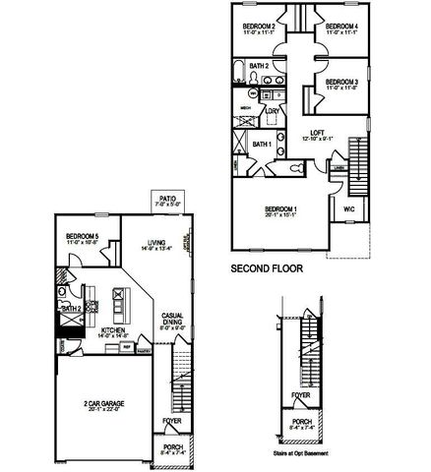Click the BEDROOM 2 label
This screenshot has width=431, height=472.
(x=259, y=26)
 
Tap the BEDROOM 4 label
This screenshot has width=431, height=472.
(x=340, y=26)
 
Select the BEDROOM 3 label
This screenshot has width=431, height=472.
(x=339, y=83)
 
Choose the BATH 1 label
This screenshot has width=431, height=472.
(x=262, y=145)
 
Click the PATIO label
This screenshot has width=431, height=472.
(x=168, y=198)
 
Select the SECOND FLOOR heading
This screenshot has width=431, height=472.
(x=266, y=267)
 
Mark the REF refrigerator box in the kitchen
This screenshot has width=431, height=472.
(x=127, y=346)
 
